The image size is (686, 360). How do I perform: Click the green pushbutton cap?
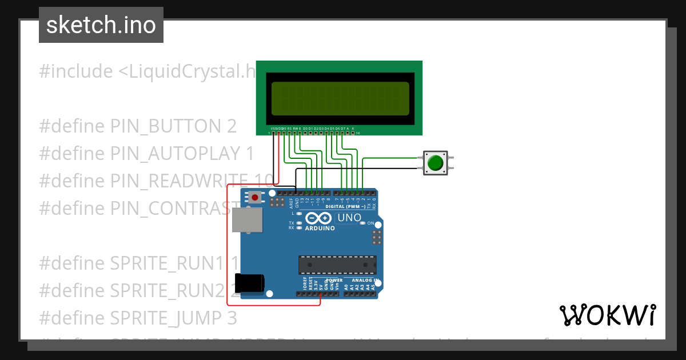[436, 163]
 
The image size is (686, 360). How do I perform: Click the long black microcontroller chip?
[337, 265]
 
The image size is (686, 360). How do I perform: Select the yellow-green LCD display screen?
[340, 98]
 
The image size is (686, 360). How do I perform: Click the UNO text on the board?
[349, 218]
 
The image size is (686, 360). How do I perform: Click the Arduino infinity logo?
[318, 218]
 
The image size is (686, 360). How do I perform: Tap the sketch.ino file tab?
[101, 25]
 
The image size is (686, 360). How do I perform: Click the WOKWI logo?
[607, 315]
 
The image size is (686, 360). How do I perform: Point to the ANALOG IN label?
[365, 281]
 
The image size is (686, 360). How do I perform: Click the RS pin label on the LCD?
[289, 129]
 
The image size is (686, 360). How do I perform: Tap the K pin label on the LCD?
[353, 129]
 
